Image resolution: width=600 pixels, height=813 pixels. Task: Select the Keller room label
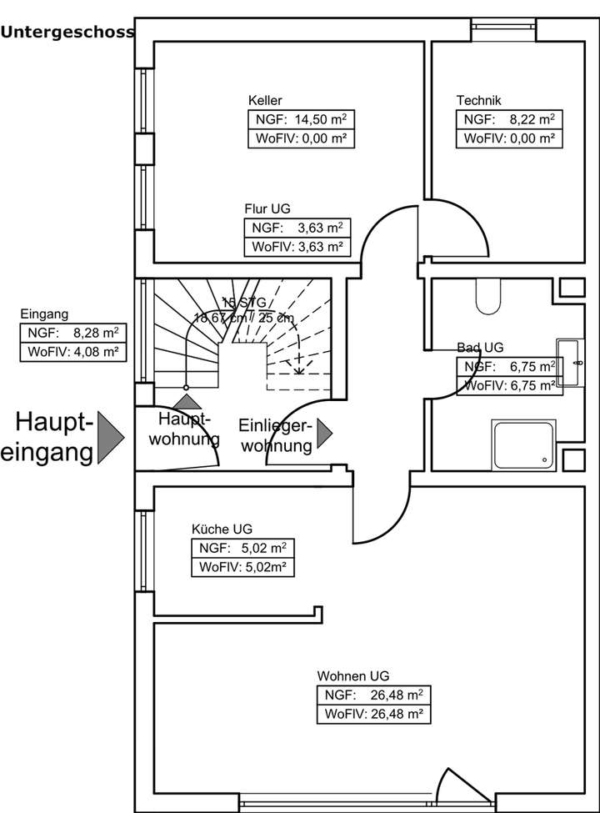click(264, 100)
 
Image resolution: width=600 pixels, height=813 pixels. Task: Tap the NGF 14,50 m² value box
click(301, 119)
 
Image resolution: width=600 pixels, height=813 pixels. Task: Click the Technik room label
click(478, 100)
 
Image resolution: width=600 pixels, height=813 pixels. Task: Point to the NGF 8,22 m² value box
click(509, 119)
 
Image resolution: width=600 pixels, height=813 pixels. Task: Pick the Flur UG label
click(267, 208)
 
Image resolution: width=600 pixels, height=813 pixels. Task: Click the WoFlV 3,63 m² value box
click(296, 247)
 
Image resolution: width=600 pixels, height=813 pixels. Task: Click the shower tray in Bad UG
click(523, 443)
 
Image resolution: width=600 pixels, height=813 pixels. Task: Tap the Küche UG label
click(222, 529)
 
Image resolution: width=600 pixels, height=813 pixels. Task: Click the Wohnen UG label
click(352, 676)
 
